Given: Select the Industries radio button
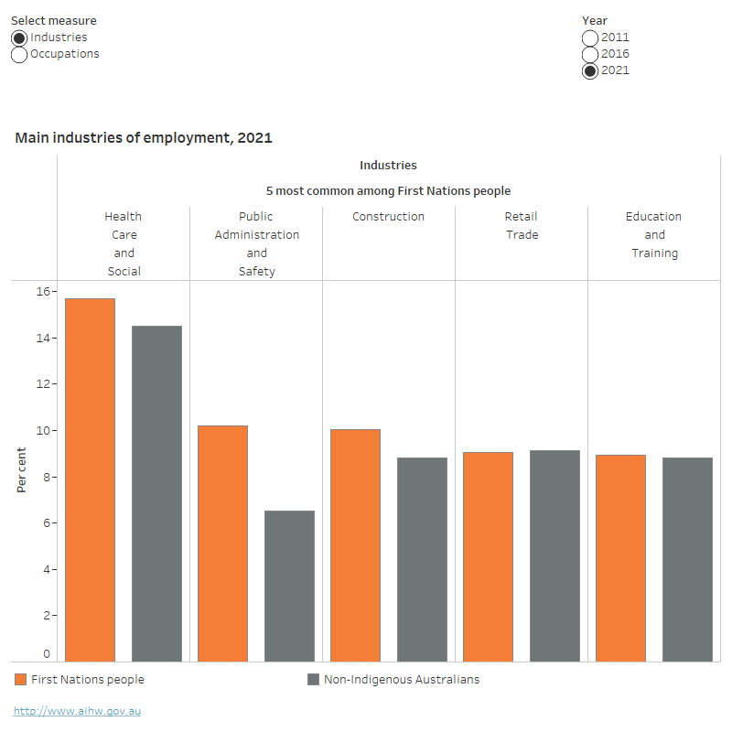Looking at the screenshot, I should [19, 38].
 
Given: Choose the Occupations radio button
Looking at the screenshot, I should [19, 54].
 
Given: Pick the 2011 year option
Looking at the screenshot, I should [590, 38].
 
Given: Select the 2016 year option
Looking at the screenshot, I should [590, 54].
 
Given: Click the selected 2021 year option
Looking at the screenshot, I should [590, 70].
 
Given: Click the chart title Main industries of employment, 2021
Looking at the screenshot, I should [144, 138].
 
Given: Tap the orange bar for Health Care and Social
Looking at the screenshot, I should [90, 479].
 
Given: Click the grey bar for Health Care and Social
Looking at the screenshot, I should [156, 493].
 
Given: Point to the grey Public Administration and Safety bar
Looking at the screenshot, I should [289, 586].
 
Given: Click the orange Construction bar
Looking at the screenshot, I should [355, 544].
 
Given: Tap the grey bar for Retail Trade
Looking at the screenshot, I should [554, 555].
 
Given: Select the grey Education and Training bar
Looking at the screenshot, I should [687, 559].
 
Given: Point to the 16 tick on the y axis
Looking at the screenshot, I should [42, 292].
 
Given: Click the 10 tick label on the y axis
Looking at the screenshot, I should [42, 431].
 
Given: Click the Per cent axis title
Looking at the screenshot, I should [21, 469].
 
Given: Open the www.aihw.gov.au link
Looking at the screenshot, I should [78, 711].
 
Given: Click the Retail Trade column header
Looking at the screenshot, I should [521, 226].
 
